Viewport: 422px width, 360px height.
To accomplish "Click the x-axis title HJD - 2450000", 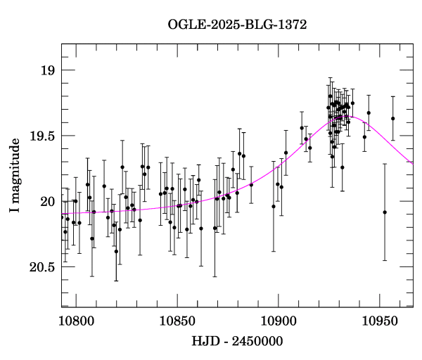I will [x=237, y=342].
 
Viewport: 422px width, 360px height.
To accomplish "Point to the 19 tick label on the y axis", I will [x=47, y=70].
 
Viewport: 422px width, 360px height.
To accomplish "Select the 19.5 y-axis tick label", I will [x=41, y=136].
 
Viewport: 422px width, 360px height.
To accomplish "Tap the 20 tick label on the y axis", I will [x=47, y=202].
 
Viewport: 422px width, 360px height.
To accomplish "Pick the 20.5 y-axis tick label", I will [x=41, y=267].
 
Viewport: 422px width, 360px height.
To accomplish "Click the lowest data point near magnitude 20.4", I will [x=116, y=251].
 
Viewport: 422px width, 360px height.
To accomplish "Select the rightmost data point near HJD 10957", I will [x=393, y=118].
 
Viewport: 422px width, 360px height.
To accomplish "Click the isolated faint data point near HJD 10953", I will [x=385, y=212].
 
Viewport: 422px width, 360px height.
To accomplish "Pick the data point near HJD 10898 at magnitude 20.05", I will [x=274, y=206].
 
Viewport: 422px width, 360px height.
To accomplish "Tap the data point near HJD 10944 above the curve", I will [x=369, y=112].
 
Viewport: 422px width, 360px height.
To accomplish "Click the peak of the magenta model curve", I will [x=350, y=117].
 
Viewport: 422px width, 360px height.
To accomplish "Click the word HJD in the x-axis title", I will [x=204, y=342].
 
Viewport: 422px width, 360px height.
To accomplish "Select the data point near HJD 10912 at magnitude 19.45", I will [x=302, y=128].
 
